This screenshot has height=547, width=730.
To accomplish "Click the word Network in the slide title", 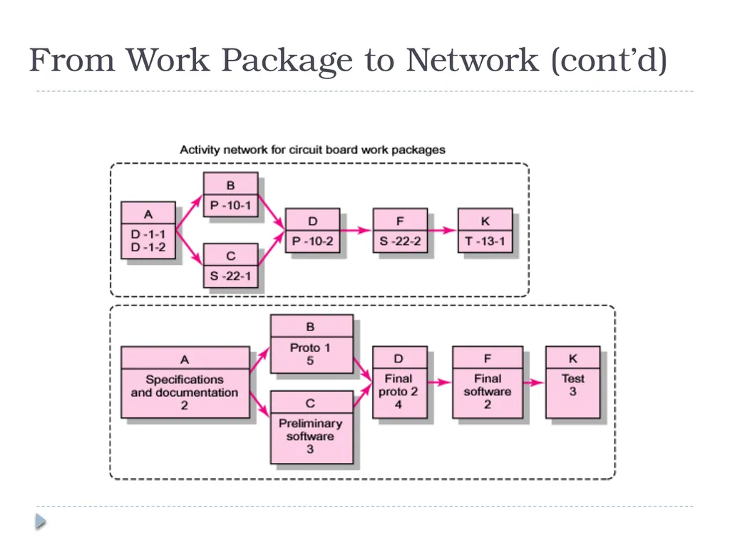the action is coord(472,60).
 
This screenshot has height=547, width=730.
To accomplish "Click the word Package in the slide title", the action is coord(287,61).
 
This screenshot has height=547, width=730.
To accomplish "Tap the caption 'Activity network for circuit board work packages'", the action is coord(312,150).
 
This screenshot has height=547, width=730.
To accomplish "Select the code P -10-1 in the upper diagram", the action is coord(230,205).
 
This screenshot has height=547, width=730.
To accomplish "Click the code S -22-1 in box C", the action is coord(230,276).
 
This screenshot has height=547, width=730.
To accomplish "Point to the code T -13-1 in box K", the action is coord(485,241).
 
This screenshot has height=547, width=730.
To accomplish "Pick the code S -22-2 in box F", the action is coord(400,241).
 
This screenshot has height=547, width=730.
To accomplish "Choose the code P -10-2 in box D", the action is coord(312,241).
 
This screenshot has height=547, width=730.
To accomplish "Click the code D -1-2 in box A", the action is coord(148,247).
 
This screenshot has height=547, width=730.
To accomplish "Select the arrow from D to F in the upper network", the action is coord(355,230).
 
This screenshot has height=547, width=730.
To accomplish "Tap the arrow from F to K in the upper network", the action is coord(442,230).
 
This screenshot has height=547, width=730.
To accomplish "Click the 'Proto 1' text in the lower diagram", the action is coord(310,348).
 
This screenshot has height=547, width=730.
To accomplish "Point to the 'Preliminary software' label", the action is coord(310,429).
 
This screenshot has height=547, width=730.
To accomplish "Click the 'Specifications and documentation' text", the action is coord(185,386).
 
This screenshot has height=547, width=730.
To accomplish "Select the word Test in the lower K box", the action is coord(572,379).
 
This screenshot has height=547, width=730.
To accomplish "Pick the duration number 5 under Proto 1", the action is coord(310,360).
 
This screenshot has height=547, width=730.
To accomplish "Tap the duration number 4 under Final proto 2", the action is coord(398,405).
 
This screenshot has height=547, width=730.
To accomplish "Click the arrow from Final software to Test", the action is coord(533,382).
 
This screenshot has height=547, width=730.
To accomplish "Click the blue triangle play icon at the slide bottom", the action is coord(41,521).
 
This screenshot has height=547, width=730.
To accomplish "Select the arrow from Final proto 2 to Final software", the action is coord(439,382).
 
